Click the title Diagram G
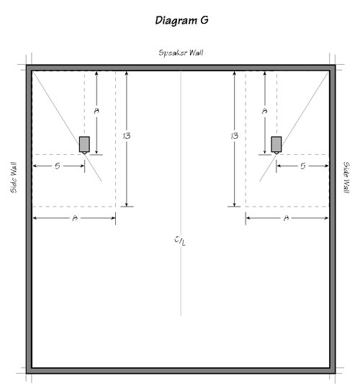point(181,20)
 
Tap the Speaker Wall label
point(181,53)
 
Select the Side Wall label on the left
point(14,177)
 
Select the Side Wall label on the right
point(346,177)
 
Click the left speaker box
point(84,144)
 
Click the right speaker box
point(276,144)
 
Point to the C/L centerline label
point(180,241)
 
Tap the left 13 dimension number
point(127,135)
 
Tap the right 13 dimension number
point(235,135)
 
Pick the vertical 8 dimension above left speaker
point(96,111)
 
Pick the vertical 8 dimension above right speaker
point(264,111)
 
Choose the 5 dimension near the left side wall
point(58,166)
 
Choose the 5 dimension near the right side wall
point(303,166)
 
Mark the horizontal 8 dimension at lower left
point(75,218)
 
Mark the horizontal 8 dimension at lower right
point(286,218)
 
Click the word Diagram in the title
point(176,21)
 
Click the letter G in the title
point(204,20)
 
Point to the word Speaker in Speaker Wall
point(172,53)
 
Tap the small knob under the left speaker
point(84,153)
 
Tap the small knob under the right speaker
point(276,153)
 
